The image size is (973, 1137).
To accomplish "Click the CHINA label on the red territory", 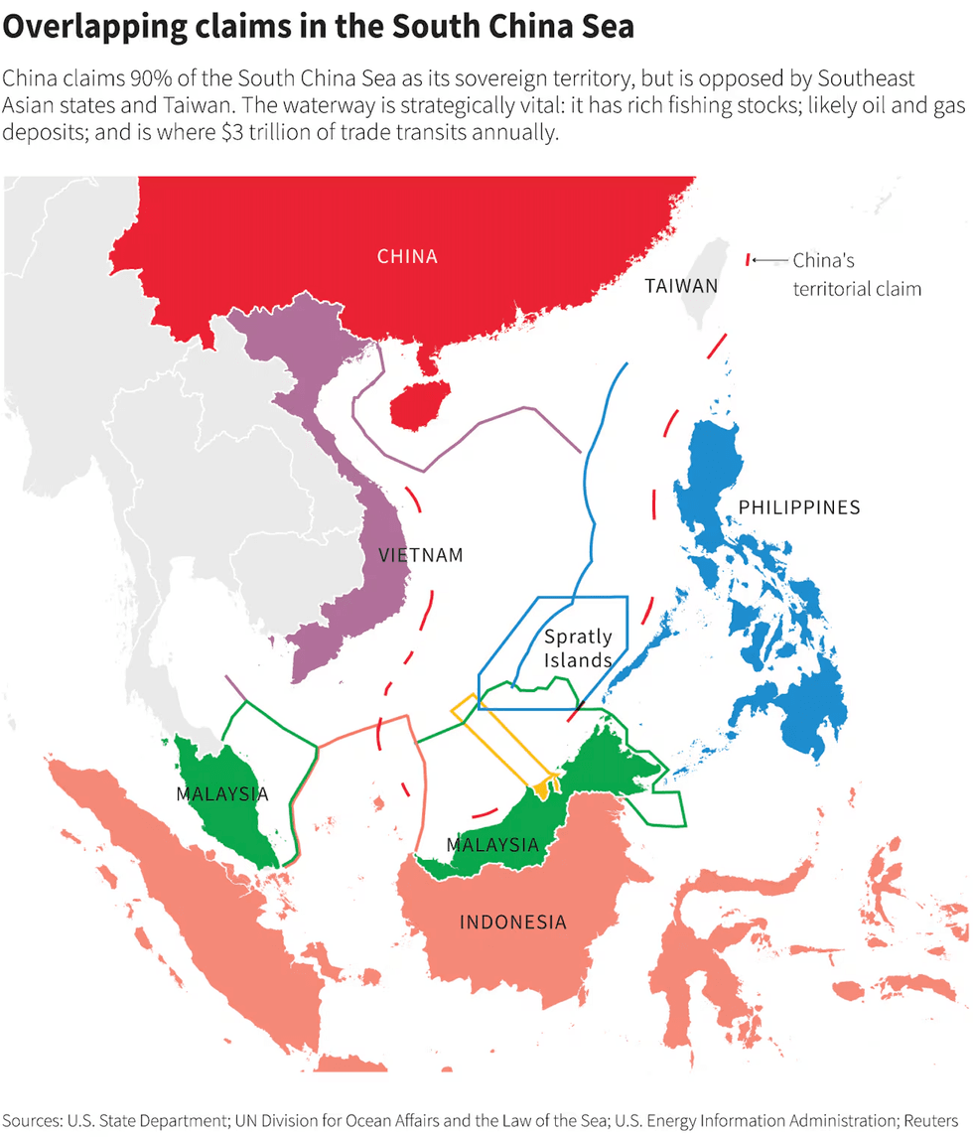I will (407, 256).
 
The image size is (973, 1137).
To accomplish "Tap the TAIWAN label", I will (680, 286).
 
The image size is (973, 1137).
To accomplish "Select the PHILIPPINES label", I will (798, 507).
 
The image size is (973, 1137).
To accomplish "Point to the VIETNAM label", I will (421, 555).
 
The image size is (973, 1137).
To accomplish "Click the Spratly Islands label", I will (577, 647).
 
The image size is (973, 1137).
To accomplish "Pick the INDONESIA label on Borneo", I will (512, 923).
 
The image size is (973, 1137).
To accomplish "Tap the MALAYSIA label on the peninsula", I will (221, 793).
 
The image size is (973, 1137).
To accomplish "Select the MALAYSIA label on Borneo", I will (492, 845).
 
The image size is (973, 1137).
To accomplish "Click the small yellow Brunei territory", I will (541, 788).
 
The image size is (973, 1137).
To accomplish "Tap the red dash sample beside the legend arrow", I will (747, 259).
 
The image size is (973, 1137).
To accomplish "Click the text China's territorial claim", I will (856, 275).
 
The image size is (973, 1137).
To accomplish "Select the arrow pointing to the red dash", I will (769, 260).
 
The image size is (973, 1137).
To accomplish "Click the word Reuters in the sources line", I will (930, 1120).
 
